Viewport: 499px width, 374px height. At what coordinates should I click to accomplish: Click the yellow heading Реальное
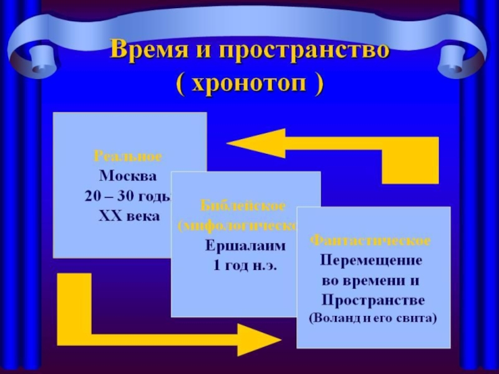click(128, 155)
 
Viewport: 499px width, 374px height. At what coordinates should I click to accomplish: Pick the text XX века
click(129, 216)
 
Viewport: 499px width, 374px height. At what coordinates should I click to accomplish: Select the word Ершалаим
click(245, 246)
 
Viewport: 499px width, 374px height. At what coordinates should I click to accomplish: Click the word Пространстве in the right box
click(373, 300)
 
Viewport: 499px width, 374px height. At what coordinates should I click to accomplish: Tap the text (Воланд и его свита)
click(373, 318)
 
